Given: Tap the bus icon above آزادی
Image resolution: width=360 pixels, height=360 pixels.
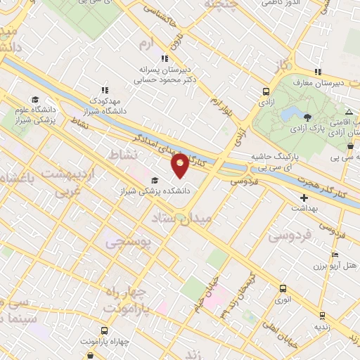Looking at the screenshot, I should click(x=266, y=91).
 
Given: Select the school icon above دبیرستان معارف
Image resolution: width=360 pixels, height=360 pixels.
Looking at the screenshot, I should click(x=319, y=72).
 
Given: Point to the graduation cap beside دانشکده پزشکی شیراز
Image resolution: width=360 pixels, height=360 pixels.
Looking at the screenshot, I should click(x=153, y=181).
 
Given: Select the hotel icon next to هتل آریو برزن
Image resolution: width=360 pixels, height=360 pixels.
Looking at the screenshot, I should click(x=335, y=254).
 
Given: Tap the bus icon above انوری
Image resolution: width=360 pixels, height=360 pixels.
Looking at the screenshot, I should click(x=283, y=288).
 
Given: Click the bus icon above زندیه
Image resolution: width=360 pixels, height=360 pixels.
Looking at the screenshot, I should click(x=322, y=316).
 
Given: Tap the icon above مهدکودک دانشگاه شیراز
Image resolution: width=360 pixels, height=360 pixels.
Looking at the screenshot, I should click(x=105, y=90).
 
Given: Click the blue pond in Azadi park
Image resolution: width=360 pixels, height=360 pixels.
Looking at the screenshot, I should click(x=286, y=114).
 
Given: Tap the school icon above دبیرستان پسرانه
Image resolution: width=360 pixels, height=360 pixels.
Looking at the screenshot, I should click(x=165, y=59).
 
